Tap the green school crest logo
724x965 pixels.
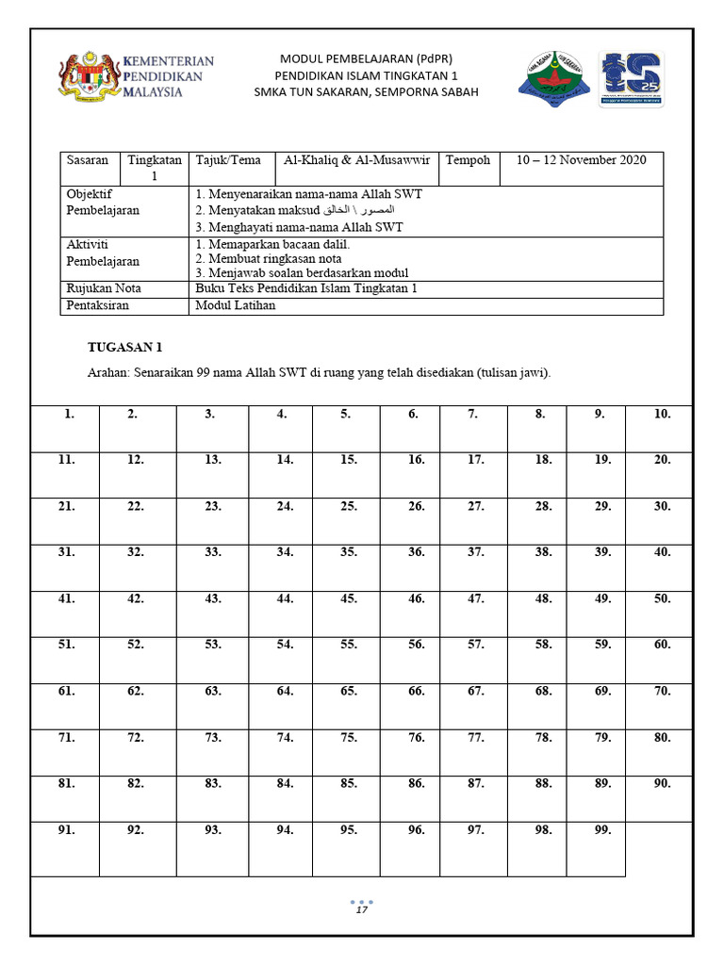point(553,75)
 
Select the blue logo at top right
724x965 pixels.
point(631,78)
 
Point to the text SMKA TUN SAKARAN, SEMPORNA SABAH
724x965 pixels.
point(366,92)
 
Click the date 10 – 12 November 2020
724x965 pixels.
point(581,160)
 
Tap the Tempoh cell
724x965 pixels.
point(468,160)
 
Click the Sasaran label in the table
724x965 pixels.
point(87,160)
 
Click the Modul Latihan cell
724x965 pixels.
point(235,305)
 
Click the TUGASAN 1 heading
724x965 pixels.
point(125,348)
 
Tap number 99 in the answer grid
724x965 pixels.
point(602,830)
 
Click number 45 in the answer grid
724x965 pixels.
point(348,598)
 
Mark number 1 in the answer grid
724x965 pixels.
point(69,414)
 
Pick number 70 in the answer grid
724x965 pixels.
point(662,691)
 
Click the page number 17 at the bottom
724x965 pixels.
point(361,911)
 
